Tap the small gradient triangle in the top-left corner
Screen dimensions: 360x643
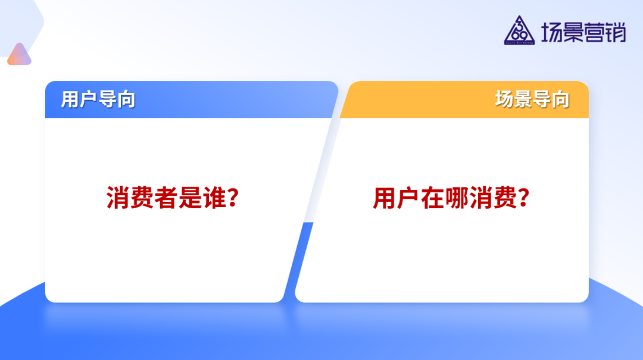(x=19, y=55)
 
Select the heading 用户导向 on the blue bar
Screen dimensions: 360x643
(x=98, y=99)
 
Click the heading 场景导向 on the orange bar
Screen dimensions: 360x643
(x=532, y=99)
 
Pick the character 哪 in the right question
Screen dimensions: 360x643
(x=457, y=198)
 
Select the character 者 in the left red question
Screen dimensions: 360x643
(x=166, y=198)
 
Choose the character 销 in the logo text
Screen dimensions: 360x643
(x=616, y=32)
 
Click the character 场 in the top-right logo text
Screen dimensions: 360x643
(x=552, y=32)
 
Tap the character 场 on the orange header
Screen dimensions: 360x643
(x=505, y=99)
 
